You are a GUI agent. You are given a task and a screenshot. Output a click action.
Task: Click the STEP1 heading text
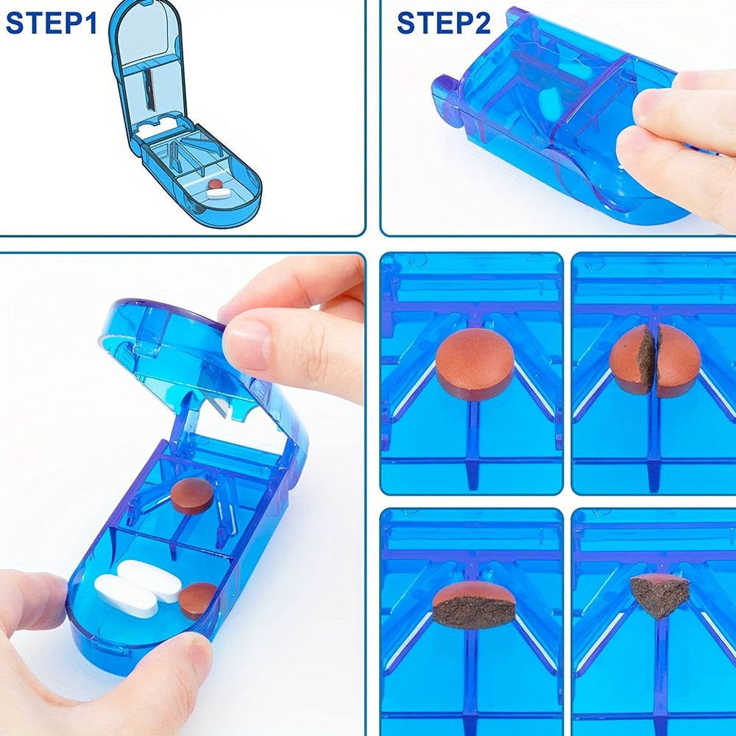coord(52,24)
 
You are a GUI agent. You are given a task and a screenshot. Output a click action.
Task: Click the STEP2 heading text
coord(444,24)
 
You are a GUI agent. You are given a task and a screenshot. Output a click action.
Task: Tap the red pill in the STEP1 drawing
coord(215,183)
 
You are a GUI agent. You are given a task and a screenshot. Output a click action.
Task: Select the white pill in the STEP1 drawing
coord(218,192)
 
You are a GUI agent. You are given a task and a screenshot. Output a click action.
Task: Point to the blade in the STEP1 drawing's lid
coord(149,89)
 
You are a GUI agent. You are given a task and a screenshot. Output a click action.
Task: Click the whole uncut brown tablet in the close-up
coord(474,362)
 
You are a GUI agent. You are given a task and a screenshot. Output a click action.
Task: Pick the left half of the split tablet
coord(630,358)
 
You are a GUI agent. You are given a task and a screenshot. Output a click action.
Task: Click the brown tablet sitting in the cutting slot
coord(192,495)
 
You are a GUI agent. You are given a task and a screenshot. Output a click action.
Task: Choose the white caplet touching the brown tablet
coord(149,581)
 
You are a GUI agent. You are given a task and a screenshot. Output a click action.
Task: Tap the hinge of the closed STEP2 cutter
coord(446,99)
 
